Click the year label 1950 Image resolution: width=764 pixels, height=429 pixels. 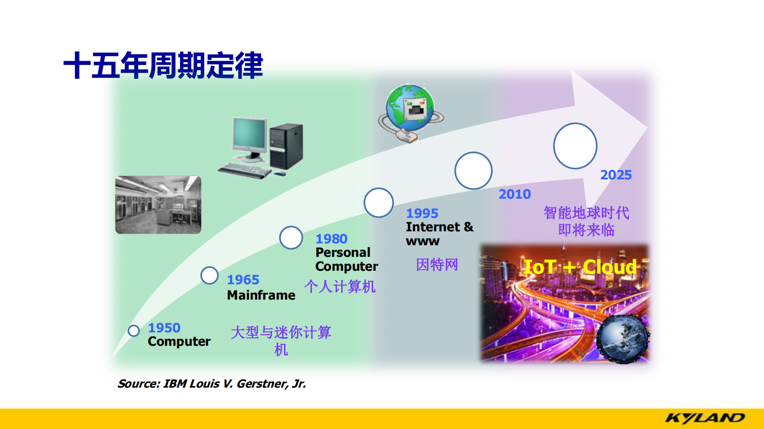pyautogui.click(x=164, y=328)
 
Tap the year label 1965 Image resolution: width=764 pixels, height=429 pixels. pyautogui.click(x=243, y=279)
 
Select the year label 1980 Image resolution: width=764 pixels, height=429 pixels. pyautogui.click(x=331, y=239)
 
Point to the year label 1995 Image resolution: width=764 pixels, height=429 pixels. pyautogui.click(x=422, y=213)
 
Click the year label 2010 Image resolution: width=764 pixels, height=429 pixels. pyautogui.click(x=515, y=194)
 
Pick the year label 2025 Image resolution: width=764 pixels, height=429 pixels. pyautogui.click(x=616, y=175)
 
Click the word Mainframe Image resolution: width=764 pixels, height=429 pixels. pyautogui.click(x=261, y=295)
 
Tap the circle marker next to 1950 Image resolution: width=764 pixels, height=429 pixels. pyautogui.click(x=134, y=330)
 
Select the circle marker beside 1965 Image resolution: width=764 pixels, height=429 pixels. pyautogui.click(x=209, y=276)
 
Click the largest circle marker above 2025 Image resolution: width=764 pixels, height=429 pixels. pyautogui.click(x=575, y=146)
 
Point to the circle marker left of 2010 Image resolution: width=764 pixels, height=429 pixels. pyautogui.click(x=473, y=171)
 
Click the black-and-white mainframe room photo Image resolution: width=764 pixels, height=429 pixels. pyautogui.click(x=158, y=205)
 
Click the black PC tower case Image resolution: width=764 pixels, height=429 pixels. pyautogui.click(x=286, y=146)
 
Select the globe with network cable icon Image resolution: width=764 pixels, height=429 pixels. pyautogui.click(x=410, y=112)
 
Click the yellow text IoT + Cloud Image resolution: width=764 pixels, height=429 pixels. pyautogui.click(x=580, y=267)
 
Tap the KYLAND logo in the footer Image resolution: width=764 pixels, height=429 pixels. pyautogui.click(x=705, y=417)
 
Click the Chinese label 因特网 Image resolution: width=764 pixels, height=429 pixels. pyautogui.click(x=437, y=265)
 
